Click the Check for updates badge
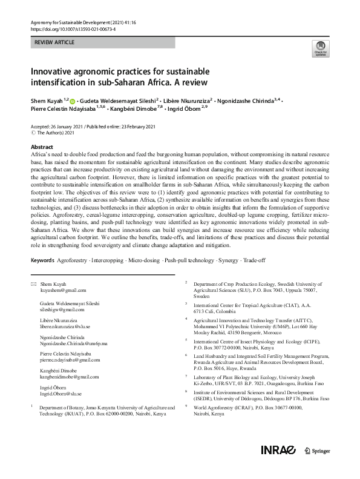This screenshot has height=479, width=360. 318,49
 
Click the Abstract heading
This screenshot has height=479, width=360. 42,147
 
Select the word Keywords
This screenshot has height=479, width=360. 44,260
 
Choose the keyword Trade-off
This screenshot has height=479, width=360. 263,260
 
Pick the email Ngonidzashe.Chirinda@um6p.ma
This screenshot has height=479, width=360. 74,343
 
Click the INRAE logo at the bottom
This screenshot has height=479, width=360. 278,467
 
